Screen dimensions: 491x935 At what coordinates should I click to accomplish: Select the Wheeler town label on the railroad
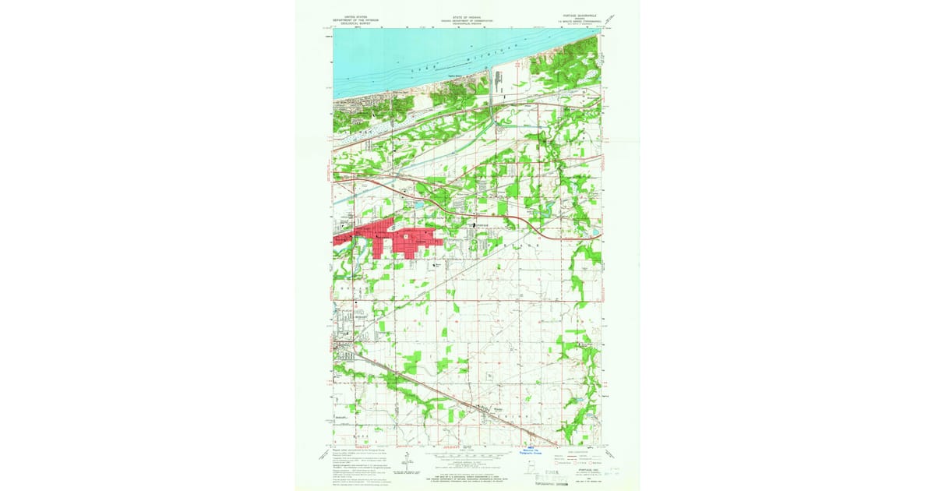(488, 406)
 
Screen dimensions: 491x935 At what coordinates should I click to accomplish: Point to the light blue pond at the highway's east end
(595, 232)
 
